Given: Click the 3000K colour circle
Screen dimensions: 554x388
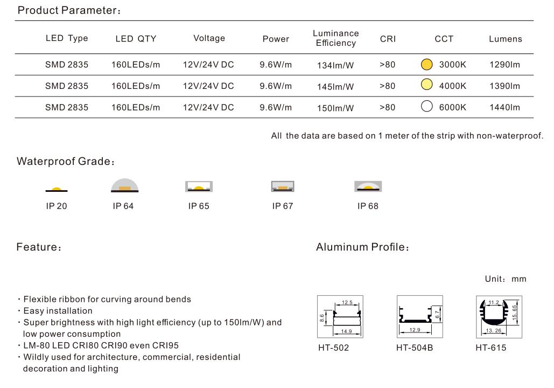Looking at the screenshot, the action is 427,64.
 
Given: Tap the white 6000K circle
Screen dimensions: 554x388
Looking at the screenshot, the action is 427,107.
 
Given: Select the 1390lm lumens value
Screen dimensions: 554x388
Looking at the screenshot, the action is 504,86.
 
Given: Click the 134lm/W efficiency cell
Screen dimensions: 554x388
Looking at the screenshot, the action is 335,65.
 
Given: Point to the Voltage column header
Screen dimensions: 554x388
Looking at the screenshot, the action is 209,38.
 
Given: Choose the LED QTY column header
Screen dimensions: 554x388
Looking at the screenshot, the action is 136,39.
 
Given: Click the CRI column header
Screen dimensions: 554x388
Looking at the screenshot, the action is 388,39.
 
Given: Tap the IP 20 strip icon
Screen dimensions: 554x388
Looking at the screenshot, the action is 57,190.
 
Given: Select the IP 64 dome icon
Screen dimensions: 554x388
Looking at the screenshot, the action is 125,185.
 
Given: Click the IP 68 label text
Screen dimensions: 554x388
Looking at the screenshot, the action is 368,206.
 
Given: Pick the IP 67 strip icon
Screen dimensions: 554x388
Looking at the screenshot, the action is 283,186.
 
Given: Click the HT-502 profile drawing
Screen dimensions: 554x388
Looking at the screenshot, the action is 340,316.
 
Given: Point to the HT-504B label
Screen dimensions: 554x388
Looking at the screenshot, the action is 415,348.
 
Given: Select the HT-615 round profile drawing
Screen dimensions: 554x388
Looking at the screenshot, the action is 499,317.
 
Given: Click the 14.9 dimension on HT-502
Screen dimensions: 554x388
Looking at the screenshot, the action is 346,331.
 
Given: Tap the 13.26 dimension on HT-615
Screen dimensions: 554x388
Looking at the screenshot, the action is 494,331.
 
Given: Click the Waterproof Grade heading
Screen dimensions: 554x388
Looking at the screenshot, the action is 66,162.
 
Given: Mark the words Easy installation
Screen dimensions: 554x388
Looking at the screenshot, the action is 58,311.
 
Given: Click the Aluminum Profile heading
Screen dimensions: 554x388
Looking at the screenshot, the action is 362,247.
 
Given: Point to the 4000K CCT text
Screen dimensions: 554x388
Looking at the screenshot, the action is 453,86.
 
